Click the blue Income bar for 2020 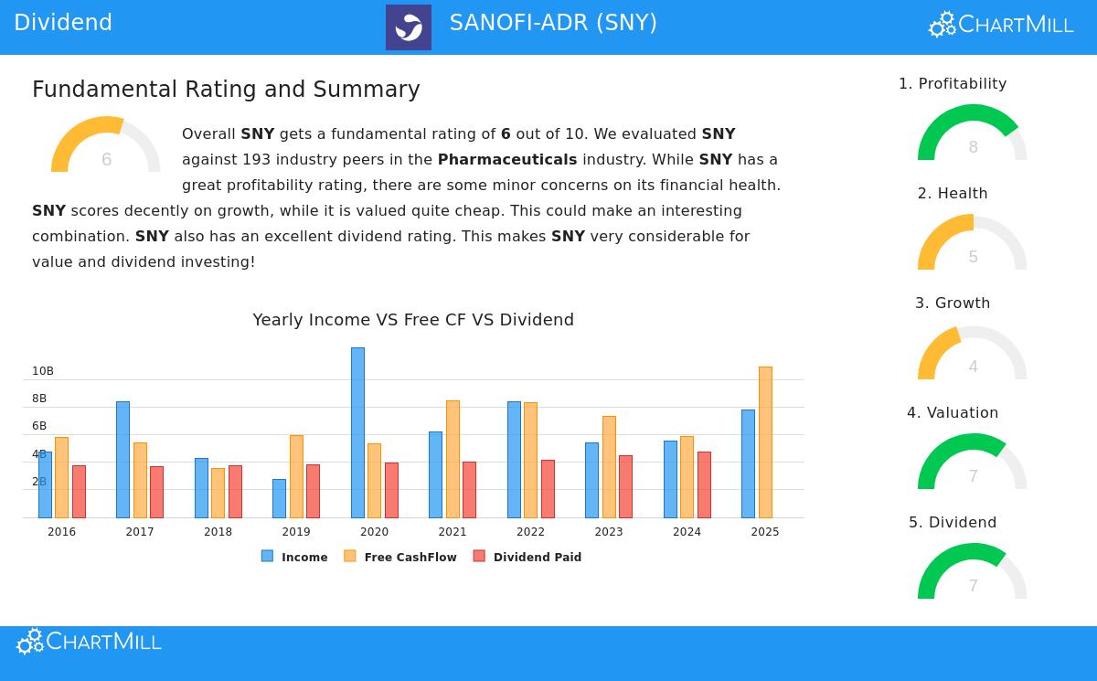(x=357, y=432)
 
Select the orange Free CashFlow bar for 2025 (x=765, y=442)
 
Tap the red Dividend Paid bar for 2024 (x=704, y=484)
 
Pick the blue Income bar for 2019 (x=279, y=498)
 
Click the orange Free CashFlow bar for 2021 (x=453, y=459)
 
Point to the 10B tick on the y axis (x=43, y=371)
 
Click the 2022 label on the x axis (x=530, y=532)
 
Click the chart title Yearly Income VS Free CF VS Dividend (x=413, y=320)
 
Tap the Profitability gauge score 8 (x=973, y=147)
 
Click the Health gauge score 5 (x=973, y=257)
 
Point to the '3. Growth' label (x=953, y=303)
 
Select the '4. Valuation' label (x=953, y=412)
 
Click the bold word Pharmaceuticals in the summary (x=507, y=159)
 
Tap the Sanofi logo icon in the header (x=409, y=27)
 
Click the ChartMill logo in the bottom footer (x=89, y=642)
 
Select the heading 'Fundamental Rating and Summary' (x=226, y=90)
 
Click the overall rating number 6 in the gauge (x=106, y=160)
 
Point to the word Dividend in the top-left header (x=63, y=23)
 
